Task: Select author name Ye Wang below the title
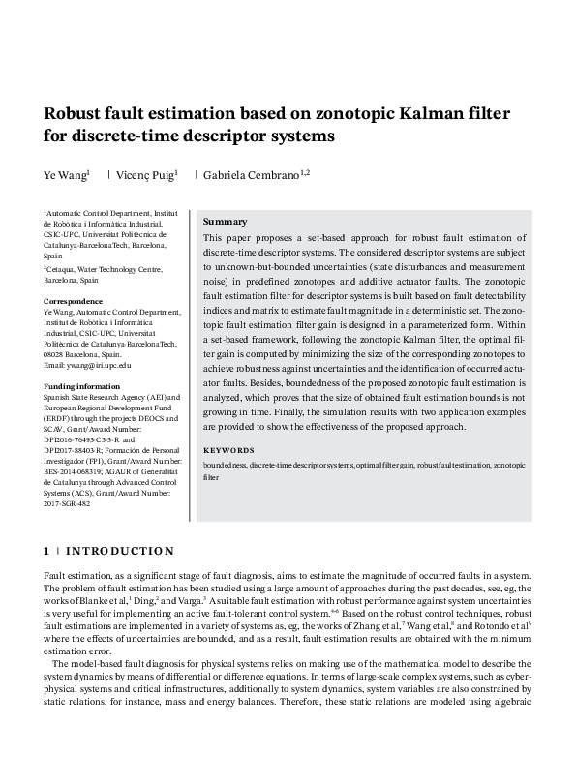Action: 65,175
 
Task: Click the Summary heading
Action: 225,222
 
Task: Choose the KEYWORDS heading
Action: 228,450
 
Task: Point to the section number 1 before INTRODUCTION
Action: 46,552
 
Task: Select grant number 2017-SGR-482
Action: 67,503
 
